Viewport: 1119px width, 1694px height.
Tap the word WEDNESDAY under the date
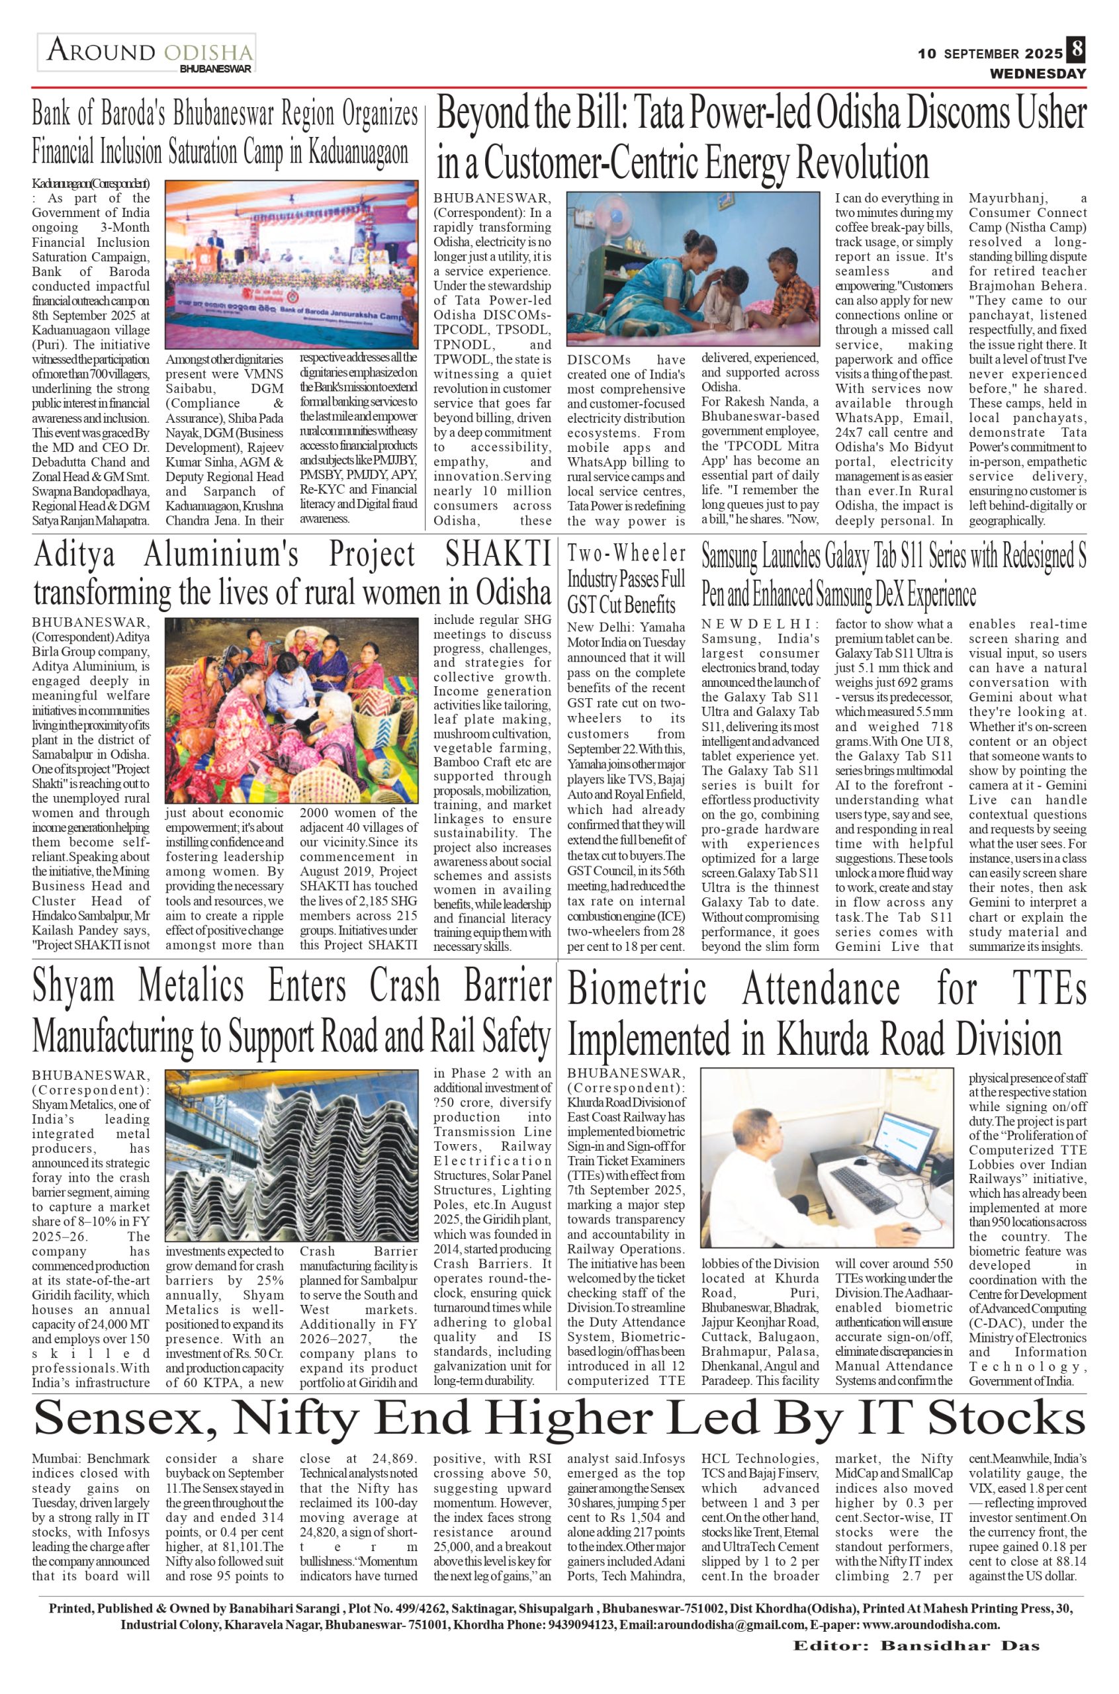[1037, 73]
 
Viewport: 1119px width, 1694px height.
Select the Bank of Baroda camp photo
[291, 264]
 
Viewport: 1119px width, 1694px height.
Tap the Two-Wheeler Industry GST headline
[626, 579]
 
